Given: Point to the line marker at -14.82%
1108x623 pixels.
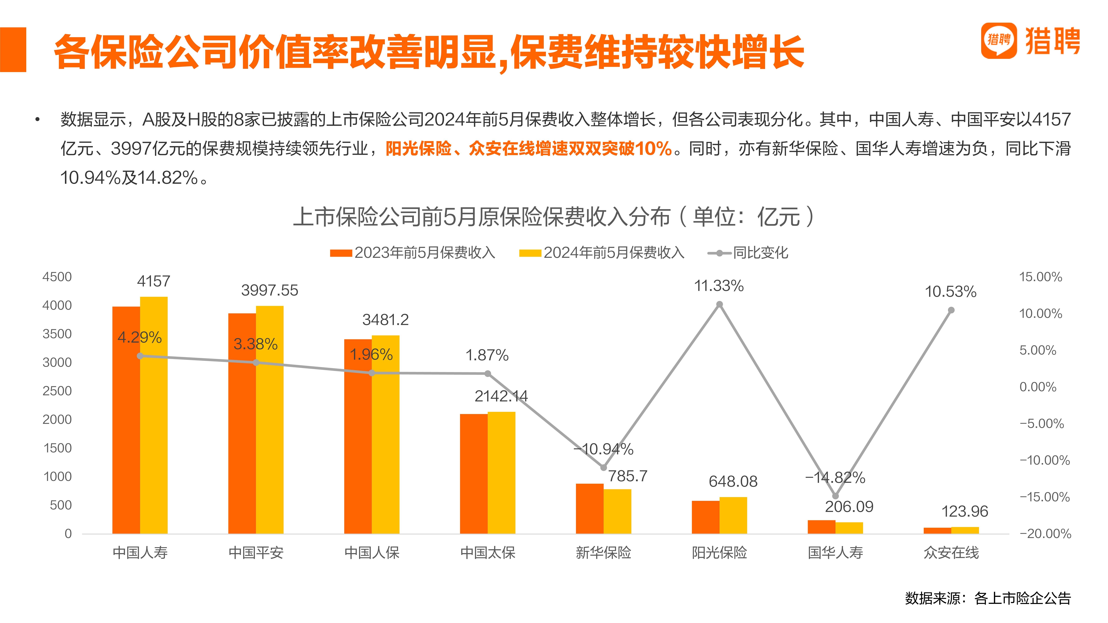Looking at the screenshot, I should [x=835, y=496].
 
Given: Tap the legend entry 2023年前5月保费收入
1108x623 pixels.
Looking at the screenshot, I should [x=413, y=253].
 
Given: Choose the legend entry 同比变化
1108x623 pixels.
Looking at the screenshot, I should [x=748, y=253].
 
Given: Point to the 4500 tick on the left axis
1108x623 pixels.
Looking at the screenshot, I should [x=57, y=277].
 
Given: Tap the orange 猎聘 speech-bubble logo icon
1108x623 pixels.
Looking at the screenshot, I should [x=999, y=40].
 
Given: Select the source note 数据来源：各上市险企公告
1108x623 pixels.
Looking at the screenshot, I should [x=988, y=598].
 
